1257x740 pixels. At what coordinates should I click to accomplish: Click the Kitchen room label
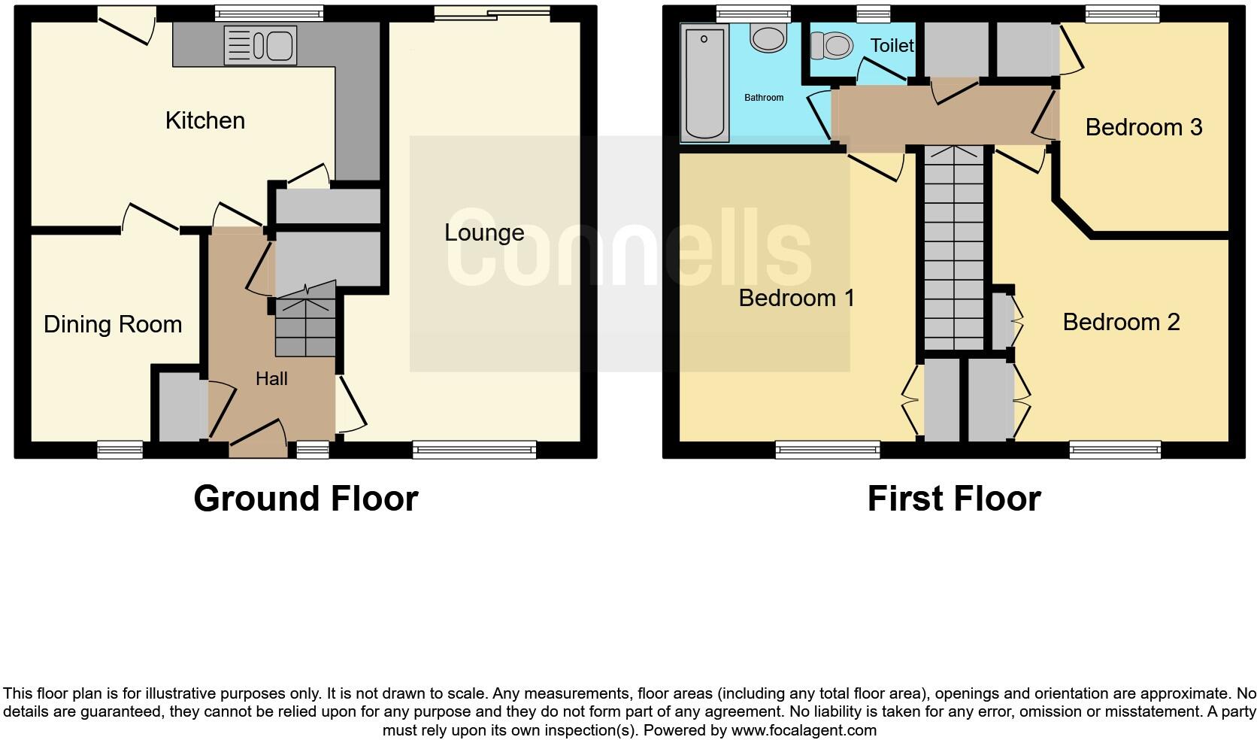[205, 120]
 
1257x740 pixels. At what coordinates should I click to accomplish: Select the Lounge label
[484, 232]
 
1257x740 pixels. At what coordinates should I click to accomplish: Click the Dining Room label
[113, 324]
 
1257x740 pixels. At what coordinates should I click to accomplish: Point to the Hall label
[271, 378]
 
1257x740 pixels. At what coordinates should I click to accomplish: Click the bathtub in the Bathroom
[704, 83]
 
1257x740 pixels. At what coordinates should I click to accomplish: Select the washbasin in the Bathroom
[768, 38]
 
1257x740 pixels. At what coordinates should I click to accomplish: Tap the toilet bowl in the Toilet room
[831, 46]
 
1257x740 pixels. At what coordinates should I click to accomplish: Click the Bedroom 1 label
[797, 298]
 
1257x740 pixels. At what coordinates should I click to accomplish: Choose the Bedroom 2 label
[1121, 322]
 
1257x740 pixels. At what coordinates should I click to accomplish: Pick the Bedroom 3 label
[1143, 127]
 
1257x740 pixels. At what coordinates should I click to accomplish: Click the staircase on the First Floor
[953, 248]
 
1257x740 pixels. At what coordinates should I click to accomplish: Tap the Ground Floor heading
[305, 499]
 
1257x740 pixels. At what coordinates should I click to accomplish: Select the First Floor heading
[953, 499]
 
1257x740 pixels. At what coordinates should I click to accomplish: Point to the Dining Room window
[120, 450]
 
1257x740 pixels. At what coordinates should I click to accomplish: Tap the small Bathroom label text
[764, 98]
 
